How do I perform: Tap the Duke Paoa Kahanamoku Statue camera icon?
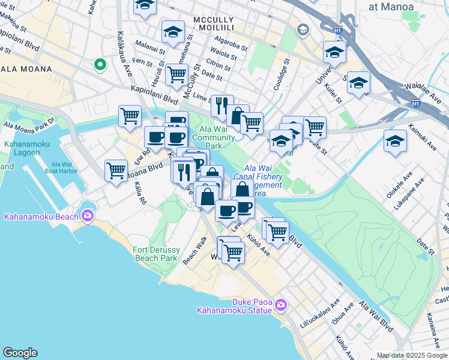pos(280,307)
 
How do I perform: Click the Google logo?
pos(20,353)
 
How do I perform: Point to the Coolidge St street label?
pos(281,74)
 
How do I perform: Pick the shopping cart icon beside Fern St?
pos(176,74)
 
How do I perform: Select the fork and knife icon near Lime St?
pos(221,106)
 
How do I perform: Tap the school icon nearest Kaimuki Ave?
pos(394,142)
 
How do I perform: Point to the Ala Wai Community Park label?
pos(217,137)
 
